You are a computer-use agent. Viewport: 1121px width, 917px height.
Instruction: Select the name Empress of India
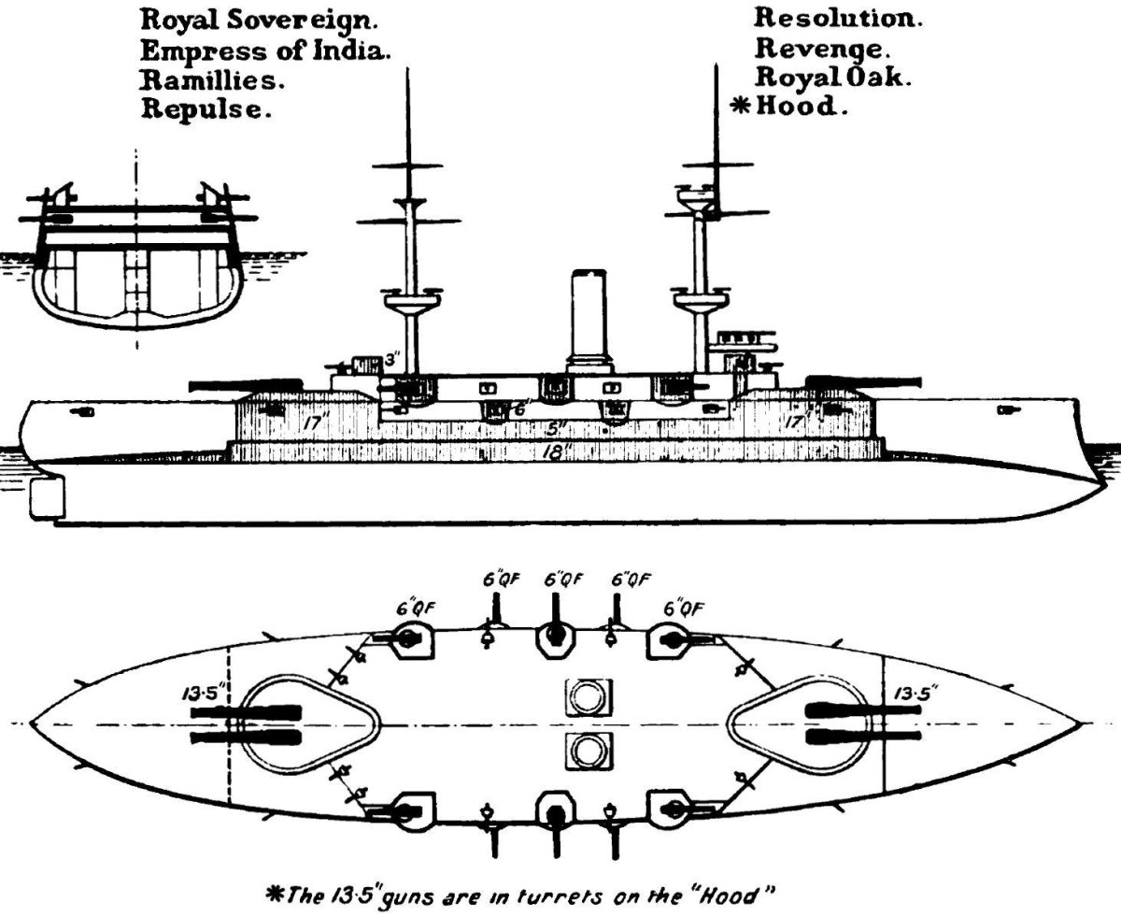pos(264,50)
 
